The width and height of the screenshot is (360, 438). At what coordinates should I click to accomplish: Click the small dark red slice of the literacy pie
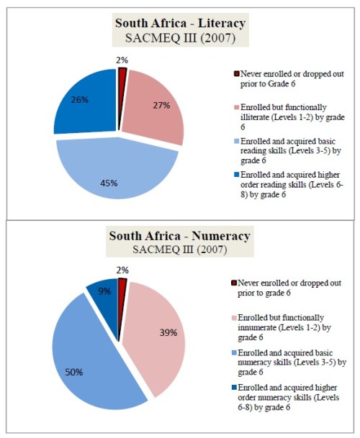122,76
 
